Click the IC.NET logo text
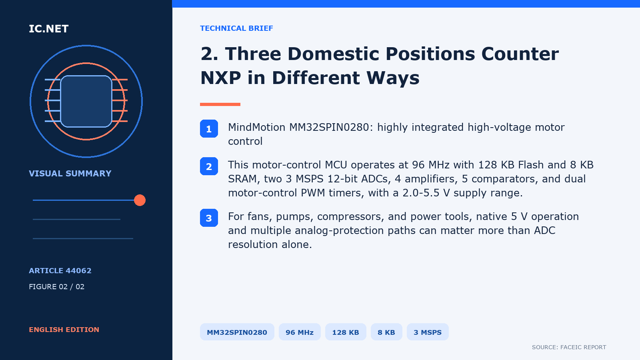pyautogui.click(x=48, y=28)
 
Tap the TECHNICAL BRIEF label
pyautogui.click(x=236, y=28)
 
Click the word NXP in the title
pyautogui.click(x=220, y=78)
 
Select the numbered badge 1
pyautogui.click(x=209, y=128)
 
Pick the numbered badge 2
pyautogui.click(x=209, y=166)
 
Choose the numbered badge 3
pyautogui.click(x=209, y=218)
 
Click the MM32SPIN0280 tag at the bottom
pyautogui.click(x=237, y=332)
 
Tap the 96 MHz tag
pyautogui.click(x=300, y=332)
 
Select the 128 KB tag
pyautogui.click(x=346, y=332)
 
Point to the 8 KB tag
pyautogui.click(x=386, y=332)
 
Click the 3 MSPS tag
pyautogui.click(x=428, y=332)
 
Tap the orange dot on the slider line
pyautogui.click(x=140, y=200)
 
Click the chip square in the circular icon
pyautogui.click(x=86, y=101)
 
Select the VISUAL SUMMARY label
pyautogui.click(x=70, y=174)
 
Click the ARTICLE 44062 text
pyautogui.click(x=60, y=270)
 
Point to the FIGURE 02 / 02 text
pyautogui.click(x=56, y=286)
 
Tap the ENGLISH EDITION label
pyautogui.click(x=64, y=330)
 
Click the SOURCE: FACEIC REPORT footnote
pyautogui.click(x=569, y=347)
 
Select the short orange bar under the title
pyautogui.click(x=220, y=104)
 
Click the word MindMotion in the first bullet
pyautogui.click(x=256, y=127)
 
